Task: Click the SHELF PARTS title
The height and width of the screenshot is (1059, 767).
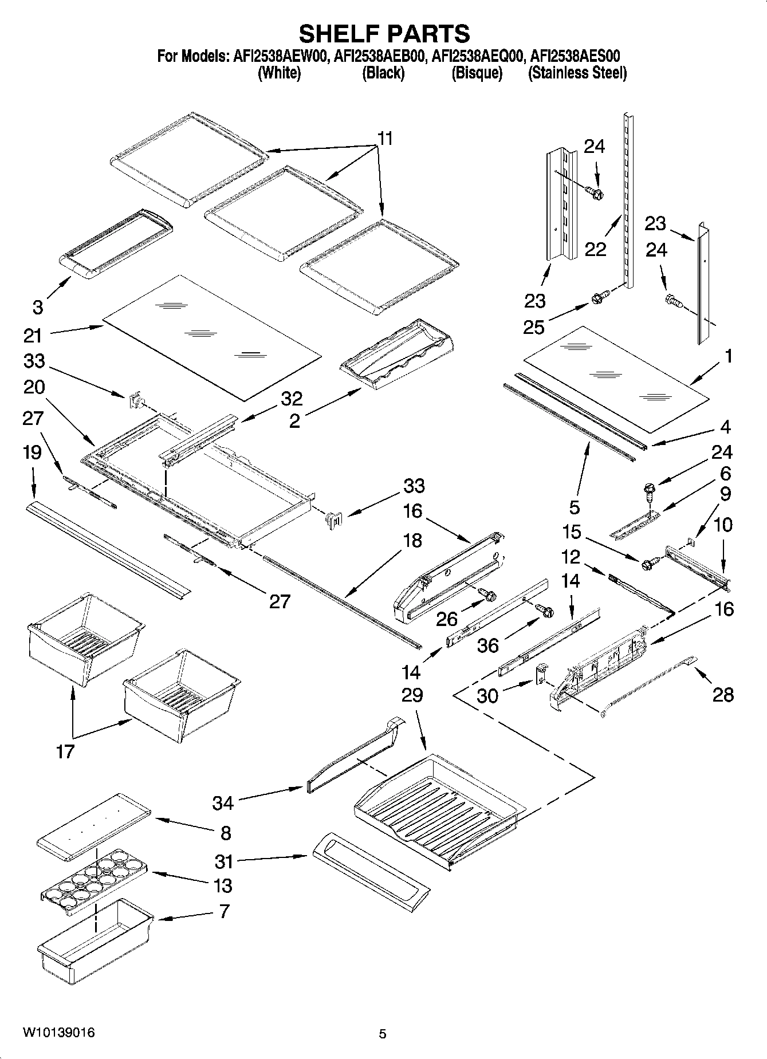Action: click(x=384, y=34)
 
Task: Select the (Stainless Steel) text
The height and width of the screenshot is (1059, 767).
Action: click(x=577, y=73)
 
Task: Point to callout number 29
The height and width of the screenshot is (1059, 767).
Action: click(x=412, y=695)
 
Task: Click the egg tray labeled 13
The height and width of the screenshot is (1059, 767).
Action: click(x=92, y=876)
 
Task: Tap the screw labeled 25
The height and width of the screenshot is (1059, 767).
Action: click(x=596, y=298)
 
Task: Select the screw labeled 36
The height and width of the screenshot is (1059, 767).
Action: click(x=546, y=611)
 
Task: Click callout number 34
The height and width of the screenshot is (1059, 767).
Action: click(x=223, y=803)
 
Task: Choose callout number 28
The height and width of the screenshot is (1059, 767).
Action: click(x=723, y=695)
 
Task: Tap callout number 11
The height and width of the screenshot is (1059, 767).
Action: click(x=386, y=139)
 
